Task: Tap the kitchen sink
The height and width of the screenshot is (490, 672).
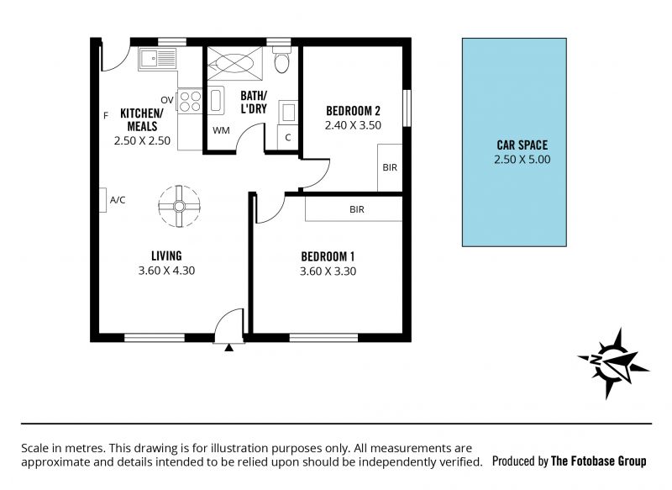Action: (157, 58)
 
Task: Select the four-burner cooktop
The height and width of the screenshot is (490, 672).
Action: (190, 101)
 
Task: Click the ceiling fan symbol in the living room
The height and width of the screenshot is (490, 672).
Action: (179, 207)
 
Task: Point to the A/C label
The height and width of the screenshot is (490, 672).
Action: (118, 200)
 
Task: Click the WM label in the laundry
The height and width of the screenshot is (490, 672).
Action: (221, 130)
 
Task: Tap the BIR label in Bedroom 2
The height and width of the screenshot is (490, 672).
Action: (390, 167)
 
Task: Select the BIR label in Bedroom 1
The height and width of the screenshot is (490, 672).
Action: (356, 209)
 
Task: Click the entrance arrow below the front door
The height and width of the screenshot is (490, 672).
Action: (229, 347)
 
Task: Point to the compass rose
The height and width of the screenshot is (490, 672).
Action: (614, 362)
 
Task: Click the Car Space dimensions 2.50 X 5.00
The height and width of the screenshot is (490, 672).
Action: (522, 160)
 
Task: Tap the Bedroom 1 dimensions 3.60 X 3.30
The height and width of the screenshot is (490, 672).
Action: (328, 271)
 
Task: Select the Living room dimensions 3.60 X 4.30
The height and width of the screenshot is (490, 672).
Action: (166, 271)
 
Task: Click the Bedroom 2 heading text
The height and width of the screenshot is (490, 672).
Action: (353, 111)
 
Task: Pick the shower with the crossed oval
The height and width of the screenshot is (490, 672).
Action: (235, 63)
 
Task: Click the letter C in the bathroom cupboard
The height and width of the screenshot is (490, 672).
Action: (288, 137)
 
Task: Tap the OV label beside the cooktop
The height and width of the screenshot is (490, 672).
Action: (167, 100)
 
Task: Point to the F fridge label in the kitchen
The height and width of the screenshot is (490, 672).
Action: (106, 115)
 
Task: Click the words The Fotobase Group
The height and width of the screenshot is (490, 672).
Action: (598, 461)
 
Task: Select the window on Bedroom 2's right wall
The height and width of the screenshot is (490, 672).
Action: (407, 108)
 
